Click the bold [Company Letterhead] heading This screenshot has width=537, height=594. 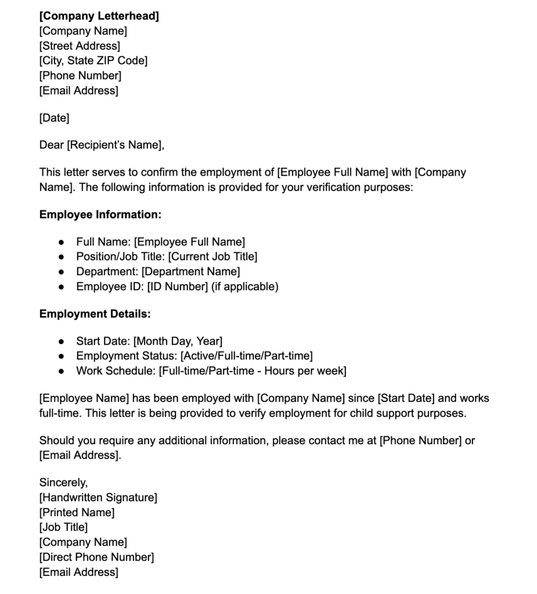[x=99, y=16]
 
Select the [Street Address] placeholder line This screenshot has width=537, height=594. [x=80, y=46]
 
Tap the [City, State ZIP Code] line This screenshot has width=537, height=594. [x=93, y=60]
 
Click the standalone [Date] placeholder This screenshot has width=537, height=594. [x=54, y=118]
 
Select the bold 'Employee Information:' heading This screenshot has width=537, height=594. [x=100, y=215]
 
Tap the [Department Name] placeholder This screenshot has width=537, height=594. [x=190, y=271]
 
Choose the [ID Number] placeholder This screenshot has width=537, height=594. [x=177, y=287]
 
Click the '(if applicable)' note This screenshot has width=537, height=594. [x=244, y=287]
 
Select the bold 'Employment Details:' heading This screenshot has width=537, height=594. [x=95, y=314]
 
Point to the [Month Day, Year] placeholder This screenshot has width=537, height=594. [x=178, y=341]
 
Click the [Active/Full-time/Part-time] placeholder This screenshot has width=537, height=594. [x=247, y=356]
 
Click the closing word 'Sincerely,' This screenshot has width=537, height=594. [x=62, y=482]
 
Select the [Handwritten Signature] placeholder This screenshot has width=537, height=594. [x=98, y=497]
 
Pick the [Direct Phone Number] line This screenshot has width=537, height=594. [x=96, y=557]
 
